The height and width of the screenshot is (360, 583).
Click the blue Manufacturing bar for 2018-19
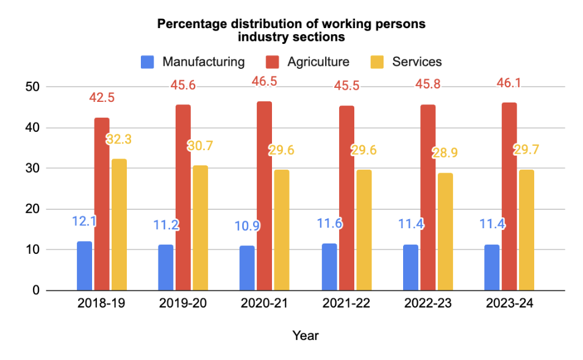pos(84,266)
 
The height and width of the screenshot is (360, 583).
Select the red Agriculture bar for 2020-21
pos(264,196)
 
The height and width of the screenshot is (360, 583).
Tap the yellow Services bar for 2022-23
pos(445,232)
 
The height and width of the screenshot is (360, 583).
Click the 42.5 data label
pos(102,98)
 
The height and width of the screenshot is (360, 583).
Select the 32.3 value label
pos(119,139)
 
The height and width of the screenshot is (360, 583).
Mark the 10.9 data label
pos(248,226)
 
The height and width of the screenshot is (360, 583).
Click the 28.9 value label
pos(445,153)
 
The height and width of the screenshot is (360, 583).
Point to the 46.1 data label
pos(509,83)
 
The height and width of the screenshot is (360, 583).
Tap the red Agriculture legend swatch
pos(271,62)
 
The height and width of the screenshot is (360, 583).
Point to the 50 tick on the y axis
pos(33,87)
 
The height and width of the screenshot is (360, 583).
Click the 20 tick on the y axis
pos(33,209)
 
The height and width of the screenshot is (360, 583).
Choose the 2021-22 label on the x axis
pos(346,304)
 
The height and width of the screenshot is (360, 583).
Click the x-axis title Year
pos(305,336)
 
